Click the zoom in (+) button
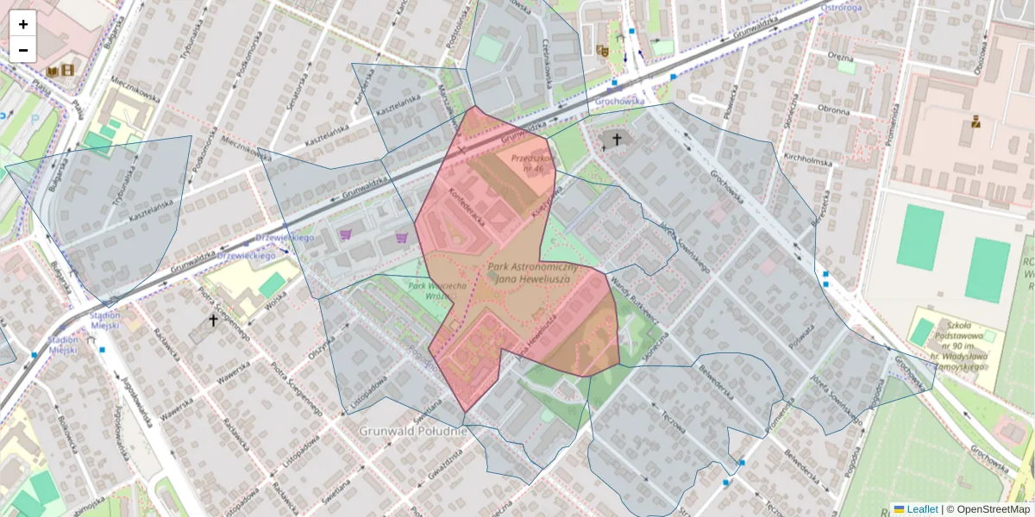pos(23,24)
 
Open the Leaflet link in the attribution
pos(921,509)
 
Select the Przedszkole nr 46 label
pos(530,163)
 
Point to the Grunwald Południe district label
pos(412,430)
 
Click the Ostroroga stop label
pos(843,7)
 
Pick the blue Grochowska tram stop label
pos(619,101)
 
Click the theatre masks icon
pos(602,51)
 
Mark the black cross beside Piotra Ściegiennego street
pos(213,321)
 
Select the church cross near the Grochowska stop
pos(616,139)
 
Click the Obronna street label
pos(833,109)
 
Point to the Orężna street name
pos(839,56)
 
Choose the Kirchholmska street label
pos(806,159)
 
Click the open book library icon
pos(53,70)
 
